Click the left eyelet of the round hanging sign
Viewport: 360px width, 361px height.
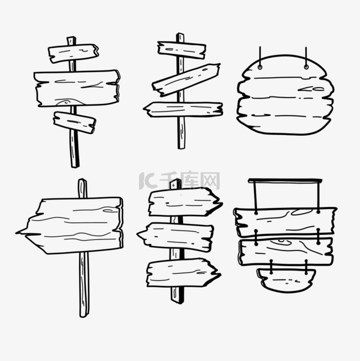(x=260, y=67)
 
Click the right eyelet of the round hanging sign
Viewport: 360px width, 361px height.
(x=306, y=67)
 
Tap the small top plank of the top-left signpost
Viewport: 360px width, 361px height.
(x=73, y=53)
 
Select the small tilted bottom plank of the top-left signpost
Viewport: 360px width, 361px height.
(x=75, y=123)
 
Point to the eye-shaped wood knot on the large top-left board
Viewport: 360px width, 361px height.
(x=66, y=102)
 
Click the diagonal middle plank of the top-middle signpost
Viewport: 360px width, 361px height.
(x=186, y=80)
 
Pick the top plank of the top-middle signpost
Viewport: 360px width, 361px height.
(x=182, y=50)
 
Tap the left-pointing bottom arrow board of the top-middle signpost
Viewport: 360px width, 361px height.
(x=183, y=109)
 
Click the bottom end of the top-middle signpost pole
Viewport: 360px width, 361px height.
(x=181, y=148)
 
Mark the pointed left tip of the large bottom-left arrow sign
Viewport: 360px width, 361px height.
(x=17, y=233)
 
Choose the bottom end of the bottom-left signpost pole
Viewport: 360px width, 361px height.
(x=84, y=316)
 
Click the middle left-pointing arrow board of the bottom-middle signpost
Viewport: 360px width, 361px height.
(x=176, y=237)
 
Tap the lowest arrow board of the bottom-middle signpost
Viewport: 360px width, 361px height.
(x=183, y=273)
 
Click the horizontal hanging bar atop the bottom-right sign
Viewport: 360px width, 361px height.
(x=285, y=181)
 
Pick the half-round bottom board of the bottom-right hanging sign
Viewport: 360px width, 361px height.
(x=286, y=280)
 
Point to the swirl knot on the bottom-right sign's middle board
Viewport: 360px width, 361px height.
(x=281, y=242)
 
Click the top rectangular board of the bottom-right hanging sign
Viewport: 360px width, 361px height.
(x=285, y=222)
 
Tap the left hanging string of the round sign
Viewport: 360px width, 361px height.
(x=260, y=55)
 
